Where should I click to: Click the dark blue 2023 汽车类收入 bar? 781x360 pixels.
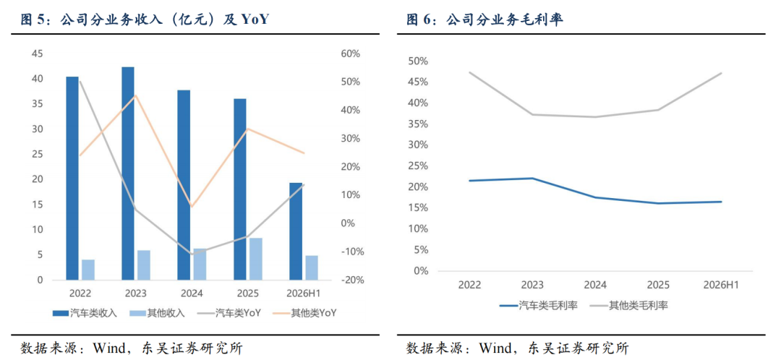point(128,173)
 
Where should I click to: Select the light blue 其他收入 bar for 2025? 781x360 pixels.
point(255,259)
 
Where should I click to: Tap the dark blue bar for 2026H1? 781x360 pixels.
point(296,231)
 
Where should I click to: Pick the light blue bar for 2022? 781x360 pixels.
point(88,270)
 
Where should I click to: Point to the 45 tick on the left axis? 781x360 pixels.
point(38,53)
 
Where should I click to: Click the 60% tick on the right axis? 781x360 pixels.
point(351,53)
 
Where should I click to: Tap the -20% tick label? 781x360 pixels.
point(350,280)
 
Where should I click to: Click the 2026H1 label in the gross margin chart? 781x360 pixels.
point(721,285)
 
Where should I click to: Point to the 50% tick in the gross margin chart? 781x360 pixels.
point(418,61)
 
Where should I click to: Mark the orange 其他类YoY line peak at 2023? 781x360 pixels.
point(135,95)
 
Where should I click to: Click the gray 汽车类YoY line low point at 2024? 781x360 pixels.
point(192,254)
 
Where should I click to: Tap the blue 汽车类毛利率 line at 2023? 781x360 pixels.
point(532,179)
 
